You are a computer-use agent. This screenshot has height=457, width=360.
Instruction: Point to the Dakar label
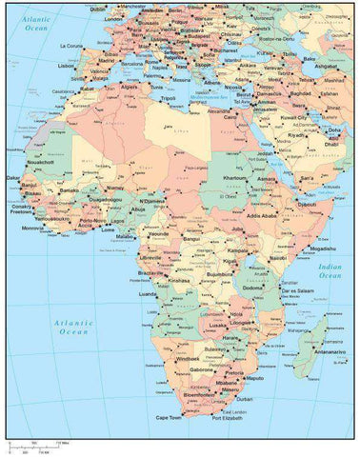pos(12,177)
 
